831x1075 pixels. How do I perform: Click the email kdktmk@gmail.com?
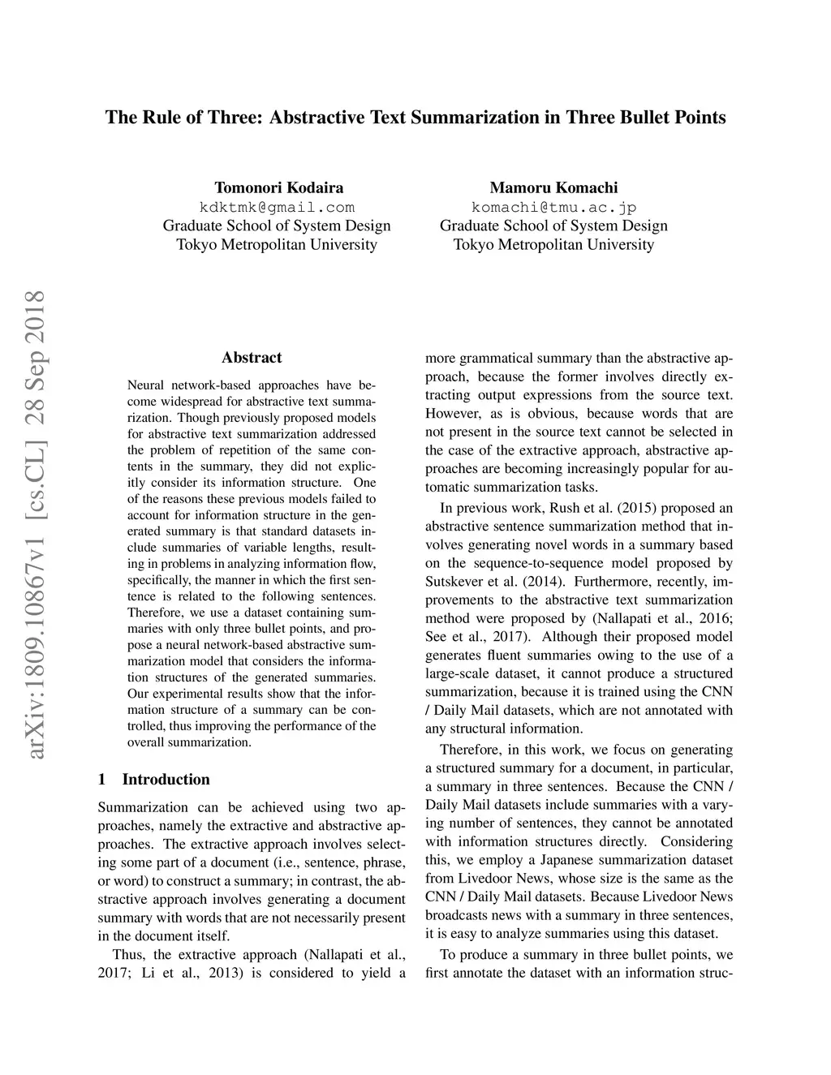277,207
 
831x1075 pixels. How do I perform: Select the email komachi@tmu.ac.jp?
553,207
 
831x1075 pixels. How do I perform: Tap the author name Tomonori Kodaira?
277,187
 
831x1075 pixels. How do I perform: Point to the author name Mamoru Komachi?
553,187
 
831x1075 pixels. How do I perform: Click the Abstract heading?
252,358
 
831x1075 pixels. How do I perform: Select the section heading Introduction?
166,780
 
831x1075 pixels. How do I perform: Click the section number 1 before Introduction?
101,780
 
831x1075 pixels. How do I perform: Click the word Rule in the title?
161,118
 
